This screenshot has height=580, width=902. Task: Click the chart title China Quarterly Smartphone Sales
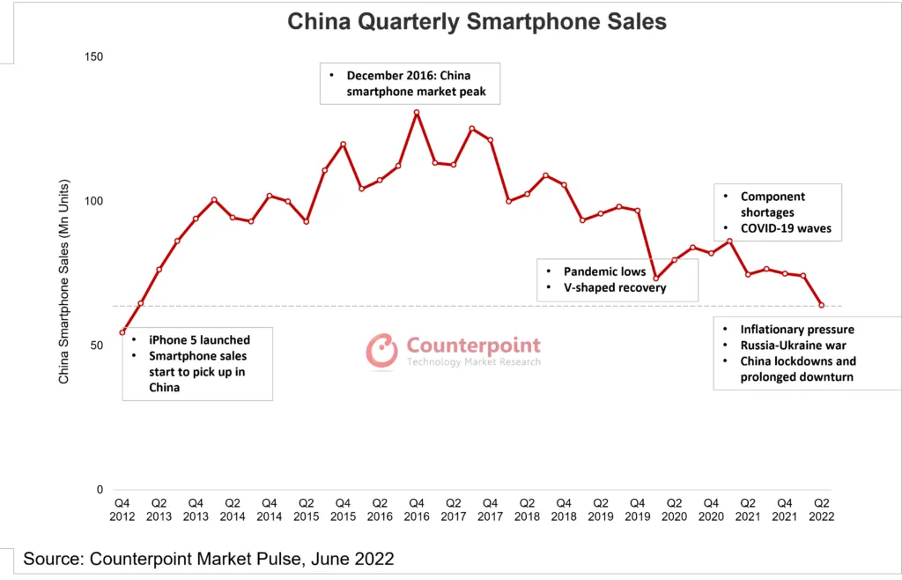477,21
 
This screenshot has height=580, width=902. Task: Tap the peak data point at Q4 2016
417,113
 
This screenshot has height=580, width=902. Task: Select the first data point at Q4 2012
122,332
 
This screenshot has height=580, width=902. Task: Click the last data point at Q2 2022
822,306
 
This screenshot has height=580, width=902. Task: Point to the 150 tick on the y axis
92,57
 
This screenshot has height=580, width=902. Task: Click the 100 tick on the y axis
92,201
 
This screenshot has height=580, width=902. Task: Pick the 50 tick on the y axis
96,346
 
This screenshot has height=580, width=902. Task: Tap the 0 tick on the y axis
100,490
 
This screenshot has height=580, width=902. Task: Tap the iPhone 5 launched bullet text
199,340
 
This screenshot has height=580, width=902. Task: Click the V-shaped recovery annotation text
615,287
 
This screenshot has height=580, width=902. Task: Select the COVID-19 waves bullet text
785,228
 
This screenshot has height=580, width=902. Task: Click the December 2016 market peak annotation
416,84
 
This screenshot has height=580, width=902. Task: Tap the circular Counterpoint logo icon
382,350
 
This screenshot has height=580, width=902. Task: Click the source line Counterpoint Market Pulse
208,559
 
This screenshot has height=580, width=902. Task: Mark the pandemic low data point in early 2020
655,279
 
